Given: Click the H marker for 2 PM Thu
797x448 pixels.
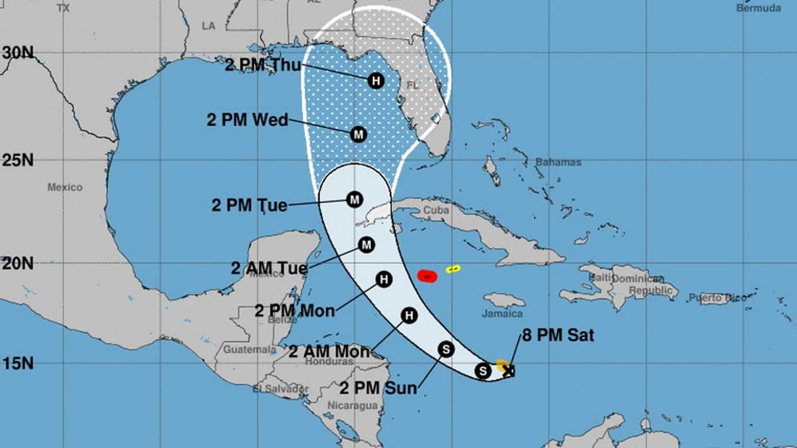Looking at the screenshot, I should [x=376, y=81].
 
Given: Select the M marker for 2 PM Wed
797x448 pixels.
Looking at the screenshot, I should [x=359, y=134].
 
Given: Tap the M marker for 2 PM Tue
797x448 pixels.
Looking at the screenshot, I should [x=355, y=199].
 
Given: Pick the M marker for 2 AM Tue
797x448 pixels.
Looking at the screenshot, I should [x=366, y=246].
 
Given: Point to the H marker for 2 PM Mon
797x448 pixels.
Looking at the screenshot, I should [x=383, y=279].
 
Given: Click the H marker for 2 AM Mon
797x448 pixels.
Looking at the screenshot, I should [x=409, y=316].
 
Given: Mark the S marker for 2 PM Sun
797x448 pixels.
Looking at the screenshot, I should [x=446, y=348].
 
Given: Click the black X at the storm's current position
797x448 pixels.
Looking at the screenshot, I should [x=509, y=370].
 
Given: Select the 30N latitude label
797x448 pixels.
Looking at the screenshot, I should [x=18, y=53].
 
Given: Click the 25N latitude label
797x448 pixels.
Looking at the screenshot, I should [x=18, y=160].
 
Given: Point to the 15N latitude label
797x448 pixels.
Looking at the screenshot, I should [x=18, y=363].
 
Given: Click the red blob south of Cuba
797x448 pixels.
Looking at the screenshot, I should [x=427, y=275].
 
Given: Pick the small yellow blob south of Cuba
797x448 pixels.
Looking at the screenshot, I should [x=454, y=269].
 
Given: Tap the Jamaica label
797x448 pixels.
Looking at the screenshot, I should [x=502, y=313].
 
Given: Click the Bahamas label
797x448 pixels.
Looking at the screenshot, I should [x=558, y=162].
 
